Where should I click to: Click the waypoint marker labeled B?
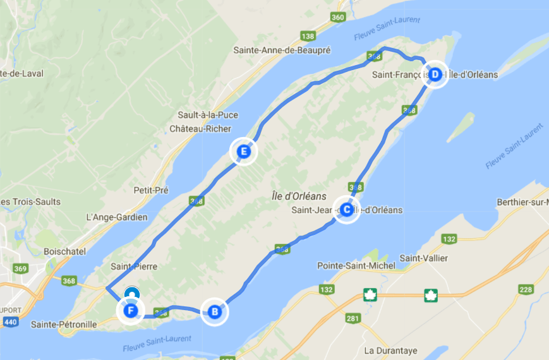tap(214, 311)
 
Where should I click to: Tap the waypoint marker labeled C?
tap(346, 210)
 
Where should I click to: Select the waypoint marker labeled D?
tap(435, 74)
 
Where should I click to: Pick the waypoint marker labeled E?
tap(243, 152)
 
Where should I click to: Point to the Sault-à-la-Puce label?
tap(206, 115)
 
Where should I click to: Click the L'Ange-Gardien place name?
tap(116, 217)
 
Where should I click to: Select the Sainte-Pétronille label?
tap(64, 324)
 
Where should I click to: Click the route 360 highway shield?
tap(338, 16)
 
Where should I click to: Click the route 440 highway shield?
tap(11, 322)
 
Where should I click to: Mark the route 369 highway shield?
tap(21, 269)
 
